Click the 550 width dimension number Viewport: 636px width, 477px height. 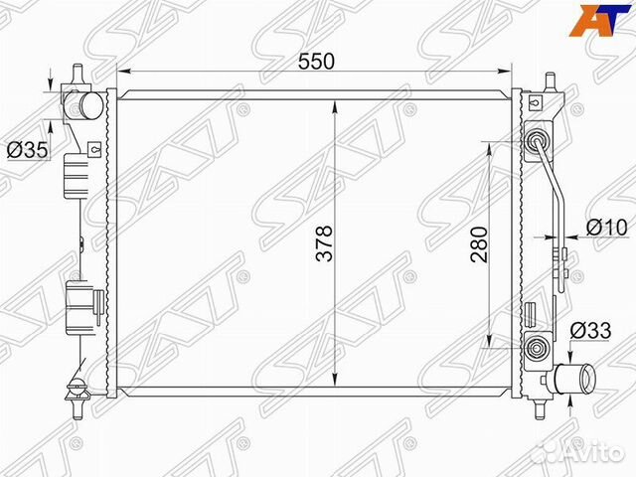click(316, 62)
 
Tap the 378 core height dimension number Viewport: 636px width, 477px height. click(324, 243)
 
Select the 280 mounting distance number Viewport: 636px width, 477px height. click(479, 244)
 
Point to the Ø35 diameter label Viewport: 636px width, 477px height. click(27, 150)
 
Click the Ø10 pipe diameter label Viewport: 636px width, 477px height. click(606, 228)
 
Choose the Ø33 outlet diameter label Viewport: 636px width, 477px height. click(590, 331)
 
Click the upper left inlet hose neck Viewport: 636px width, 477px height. click(85, 105)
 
